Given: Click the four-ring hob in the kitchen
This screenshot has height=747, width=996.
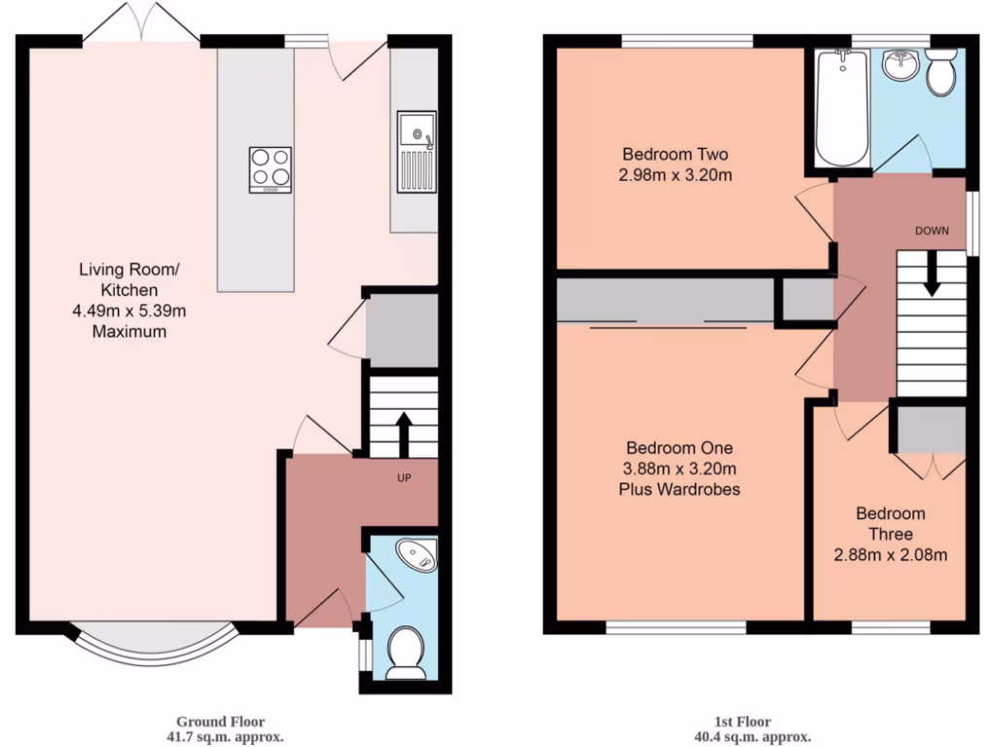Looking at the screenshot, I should click(x=270, y=168).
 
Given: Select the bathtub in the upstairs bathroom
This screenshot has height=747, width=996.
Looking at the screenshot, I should click(x=840, y=107).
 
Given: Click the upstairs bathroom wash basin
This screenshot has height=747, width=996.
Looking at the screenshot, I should click(x=901, y=66).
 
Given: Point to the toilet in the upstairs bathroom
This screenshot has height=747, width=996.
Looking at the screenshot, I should click(x=942, y=73).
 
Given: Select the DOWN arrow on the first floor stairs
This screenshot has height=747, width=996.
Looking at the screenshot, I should click(x=931, y=274).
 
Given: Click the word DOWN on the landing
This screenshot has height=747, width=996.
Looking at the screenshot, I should click(x=931, y=231).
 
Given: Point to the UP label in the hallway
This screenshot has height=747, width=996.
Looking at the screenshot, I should click(x=403, y=479).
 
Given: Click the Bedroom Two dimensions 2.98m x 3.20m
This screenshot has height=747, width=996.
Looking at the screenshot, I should click(x=676, y=176).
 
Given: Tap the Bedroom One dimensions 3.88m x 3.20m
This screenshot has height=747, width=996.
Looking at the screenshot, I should click(x=679, y=469).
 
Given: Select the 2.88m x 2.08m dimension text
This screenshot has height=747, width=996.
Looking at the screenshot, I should click(x=890, y=556).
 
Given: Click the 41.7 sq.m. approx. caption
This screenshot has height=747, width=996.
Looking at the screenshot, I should click(x=226, y=736).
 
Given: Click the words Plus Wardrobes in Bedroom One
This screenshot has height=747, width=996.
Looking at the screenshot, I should click(x=679, y=489).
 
